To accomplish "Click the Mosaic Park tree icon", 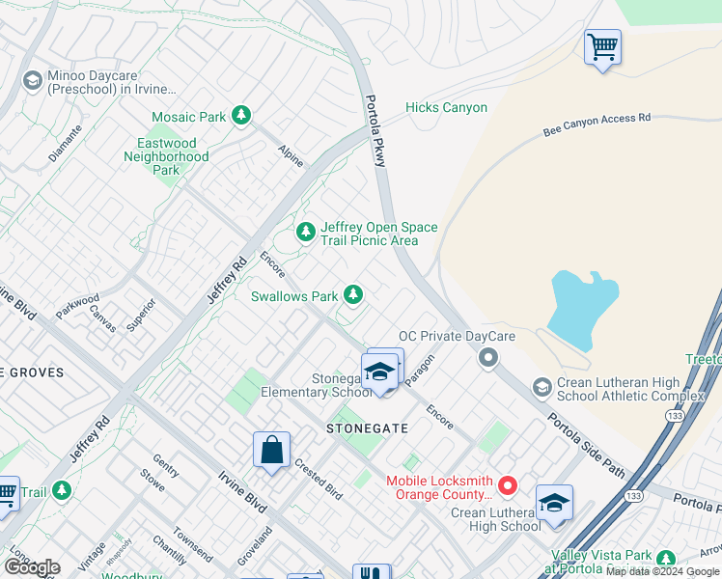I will pyautogui.click(x=240, y=117).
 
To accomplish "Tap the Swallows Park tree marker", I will pyautogui.click(x=354, y=293).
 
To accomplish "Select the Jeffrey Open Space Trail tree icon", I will pyautogui.click(x=305, y=232).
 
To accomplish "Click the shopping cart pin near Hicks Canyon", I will pyautogui.click(x=602, y=46).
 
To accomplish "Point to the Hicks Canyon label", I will pyautogui.click(x=446, y=107).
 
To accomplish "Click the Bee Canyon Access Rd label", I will pyautogui.click(x=597, y=123).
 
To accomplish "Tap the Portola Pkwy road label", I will pyautogui.click(x=375, y=131).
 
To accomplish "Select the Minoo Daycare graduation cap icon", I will pyautogui.click(x=32, y=80).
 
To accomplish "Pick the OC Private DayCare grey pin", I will pyautogui.click(x=488, y=358).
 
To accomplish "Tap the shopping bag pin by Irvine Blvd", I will pyautogui.click(x=271, y=450).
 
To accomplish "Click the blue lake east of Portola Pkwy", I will pyautogui.click(x=582, y=308).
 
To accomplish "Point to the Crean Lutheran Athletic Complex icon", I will pyautogui.click(x=542, y=387).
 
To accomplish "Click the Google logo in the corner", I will pyautogui.click(x=31, y=567).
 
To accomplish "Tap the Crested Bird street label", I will pyautogui.click(x=319, y=479).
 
